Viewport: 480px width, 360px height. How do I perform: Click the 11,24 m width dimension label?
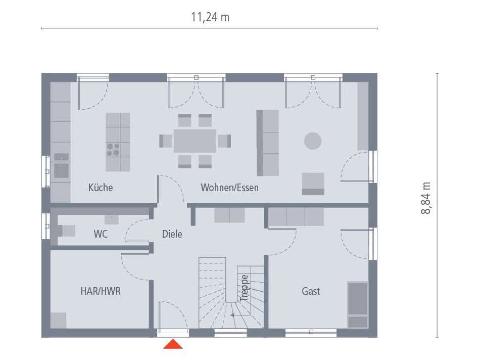click(210, 17)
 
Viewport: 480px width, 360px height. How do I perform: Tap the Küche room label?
click(101, 188)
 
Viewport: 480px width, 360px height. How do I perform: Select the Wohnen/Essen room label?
click(229, 188)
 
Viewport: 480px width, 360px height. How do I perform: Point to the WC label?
click(101, 234)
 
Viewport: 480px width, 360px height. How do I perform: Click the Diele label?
click(172, 234)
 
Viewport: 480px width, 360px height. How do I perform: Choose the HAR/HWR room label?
click(101, 291)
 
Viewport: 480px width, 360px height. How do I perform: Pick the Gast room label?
click(311, 291)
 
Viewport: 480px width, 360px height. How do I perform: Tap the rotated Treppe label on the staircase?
click(245, 288)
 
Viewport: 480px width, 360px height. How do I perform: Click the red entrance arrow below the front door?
click(173, 344)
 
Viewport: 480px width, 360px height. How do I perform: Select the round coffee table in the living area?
click(313, 141)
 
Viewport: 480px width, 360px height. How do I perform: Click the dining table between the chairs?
click(195, 141)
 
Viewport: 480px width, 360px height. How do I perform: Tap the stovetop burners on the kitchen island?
click(113, 149)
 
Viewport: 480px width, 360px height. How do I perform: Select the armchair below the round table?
click(313, 184)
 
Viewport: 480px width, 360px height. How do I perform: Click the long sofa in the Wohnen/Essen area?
click(268, 143)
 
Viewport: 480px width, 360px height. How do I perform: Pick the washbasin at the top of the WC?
click(111, 219)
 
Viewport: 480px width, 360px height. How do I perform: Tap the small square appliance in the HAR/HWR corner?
click(58, 320)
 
